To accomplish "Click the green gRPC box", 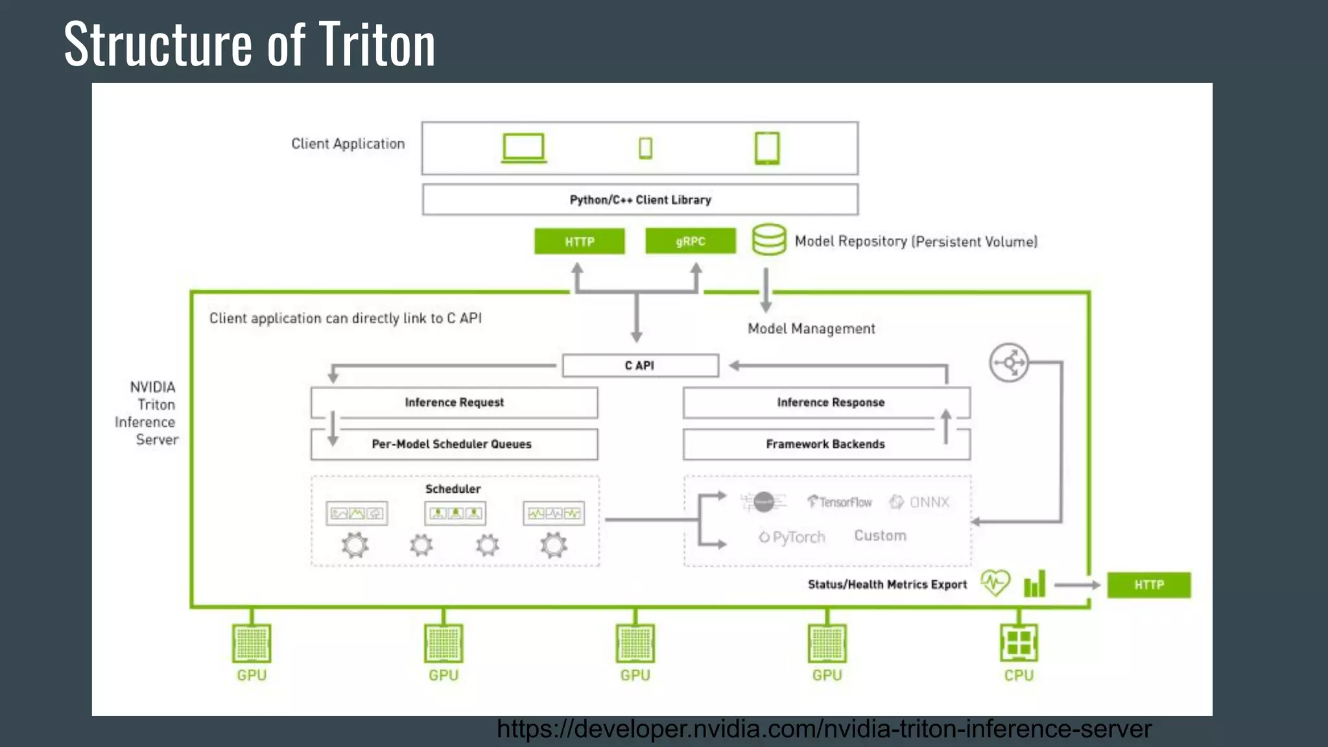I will [691, 241].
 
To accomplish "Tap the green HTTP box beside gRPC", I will [579, 241].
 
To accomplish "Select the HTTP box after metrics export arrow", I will [1148, 585].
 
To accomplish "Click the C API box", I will [640, 366].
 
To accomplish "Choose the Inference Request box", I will [454, 403].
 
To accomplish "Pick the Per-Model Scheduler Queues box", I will [454, 444].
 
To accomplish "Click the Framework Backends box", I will [825, 444].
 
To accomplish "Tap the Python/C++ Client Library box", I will [640, 200].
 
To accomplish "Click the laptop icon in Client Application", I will [524, 148].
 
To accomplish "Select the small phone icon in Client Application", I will [645, 148].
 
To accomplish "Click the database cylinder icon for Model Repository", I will [769, 240].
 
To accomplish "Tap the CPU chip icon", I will [1019, 643].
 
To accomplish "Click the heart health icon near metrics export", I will [995, 583].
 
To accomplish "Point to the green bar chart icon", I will [1035, 584].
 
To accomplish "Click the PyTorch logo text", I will [792, 537].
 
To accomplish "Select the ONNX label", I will [929, 502].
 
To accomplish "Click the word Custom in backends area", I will [880, 536].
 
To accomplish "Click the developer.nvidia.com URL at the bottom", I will [824, 729].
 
